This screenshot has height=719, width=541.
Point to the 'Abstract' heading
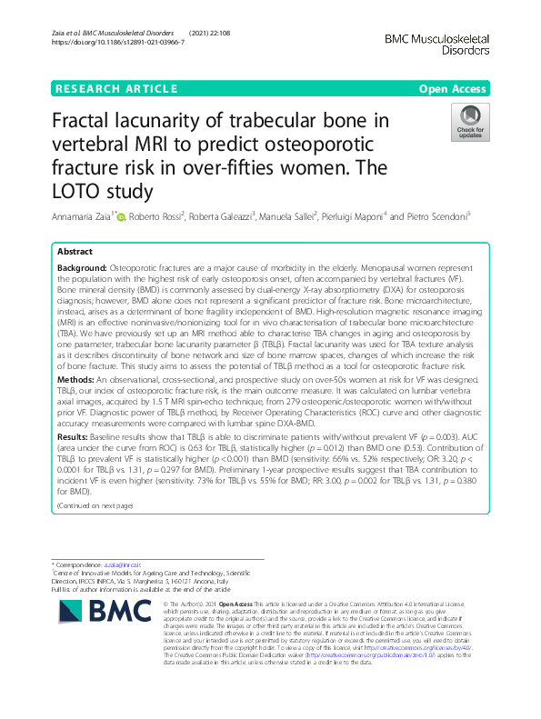[x=75, y=250]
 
